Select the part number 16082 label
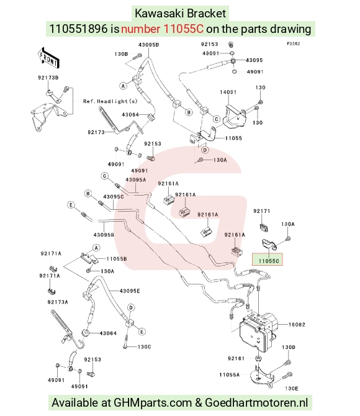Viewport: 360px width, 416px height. (297, 325)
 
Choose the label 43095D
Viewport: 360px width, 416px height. (148, 45)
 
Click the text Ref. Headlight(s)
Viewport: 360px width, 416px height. (110, 101)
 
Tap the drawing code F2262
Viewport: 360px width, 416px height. (294, 43)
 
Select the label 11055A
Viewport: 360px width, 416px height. (229, 374)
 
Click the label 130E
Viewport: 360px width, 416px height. (292, 389)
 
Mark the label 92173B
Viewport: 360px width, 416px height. (48, 78)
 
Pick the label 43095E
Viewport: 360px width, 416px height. (130, 291)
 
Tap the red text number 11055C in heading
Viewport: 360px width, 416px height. (163, 29)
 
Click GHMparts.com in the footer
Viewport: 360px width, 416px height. (153, 403)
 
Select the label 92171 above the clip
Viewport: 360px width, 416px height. (261, 211)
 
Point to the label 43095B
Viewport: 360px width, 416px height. (104, 235)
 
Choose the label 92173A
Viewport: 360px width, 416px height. (58, 302)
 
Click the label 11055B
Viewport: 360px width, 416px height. (117, 259)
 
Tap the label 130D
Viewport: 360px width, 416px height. (289, 347)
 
